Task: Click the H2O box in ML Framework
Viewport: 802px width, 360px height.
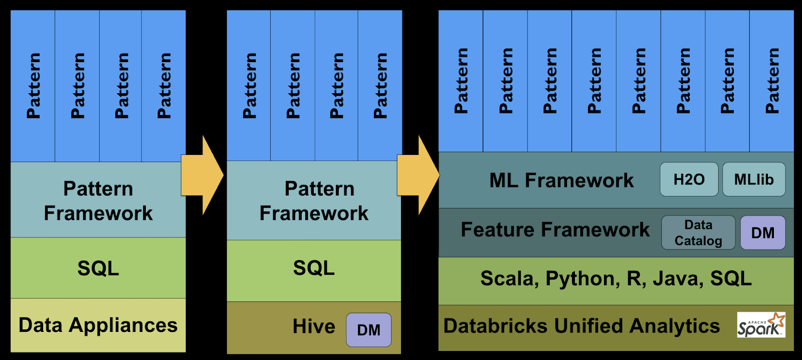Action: pyautogui.click(x=689, y=179)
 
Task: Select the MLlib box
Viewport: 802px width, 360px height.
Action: pyautogui.click(x=753, y=179)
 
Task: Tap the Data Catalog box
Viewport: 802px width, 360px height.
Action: pyautogui.click(x=698, y=233)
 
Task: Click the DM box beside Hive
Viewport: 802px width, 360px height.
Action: pyautogui.click(x=368, y=330)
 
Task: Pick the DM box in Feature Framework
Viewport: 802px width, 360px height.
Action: pyautogui.click(x=762, y=233)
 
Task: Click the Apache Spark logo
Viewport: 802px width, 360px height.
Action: pyautogui.click(x=761, y=325)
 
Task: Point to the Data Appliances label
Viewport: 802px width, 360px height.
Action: pyautogui.click(x=98, y=325)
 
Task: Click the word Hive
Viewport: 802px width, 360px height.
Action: pyautogui.click(x=314, y=327)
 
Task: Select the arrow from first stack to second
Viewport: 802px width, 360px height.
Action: pyautogui.click(x=202, y=175)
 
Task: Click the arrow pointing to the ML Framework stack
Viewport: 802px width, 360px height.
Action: pyautogui.click(x=418, y=175)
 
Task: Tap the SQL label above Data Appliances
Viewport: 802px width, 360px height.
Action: pyautogui.click(x=98, y=268)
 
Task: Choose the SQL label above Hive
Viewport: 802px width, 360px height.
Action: pyautogui.click(x=314, y=268)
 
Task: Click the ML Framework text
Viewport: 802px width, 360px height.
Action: pyautogui.click(x=561, y=181)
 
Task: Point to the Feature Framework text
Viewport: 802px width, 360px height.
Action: pyautogui.click(x=555, y=230)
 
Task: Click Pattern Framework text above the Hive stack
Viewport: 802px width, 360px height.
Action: pyautogui.click(x=314, y=201)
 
